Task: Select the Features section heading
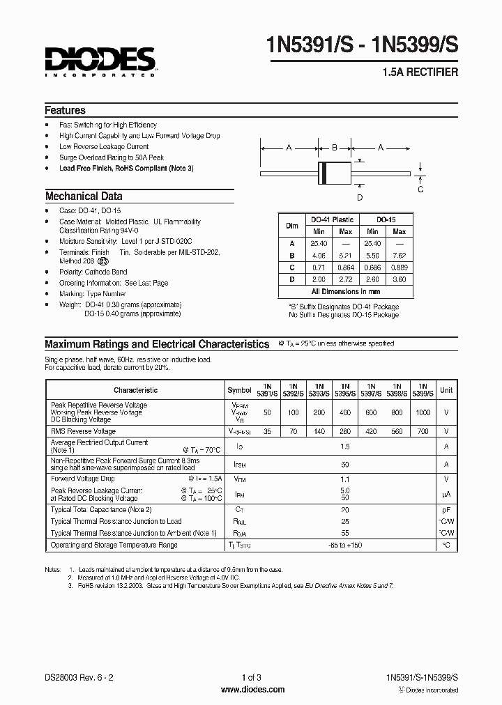click(66, 111)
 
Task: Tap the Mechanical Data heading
click(84, 196)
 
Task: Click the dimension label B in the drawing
click(335, 148)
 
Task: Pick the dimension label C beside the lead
click(420, 189)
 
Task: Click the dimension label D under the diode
click(360, 197)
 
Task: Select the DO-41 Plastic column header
click(333, 219)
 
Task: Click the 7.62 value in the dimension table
click(399, 255)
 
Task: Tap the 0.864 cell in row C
click(346, 267)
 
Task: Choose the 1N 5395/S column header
click(345, 390)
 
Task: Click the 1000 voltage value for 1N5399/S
click(423, 413)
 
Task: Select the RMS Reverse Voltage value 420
click(371, 432)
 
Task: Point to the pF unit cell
click(446, 510)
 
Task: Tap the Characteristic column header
click(136, 391)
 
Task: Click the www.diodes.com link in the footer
click(252, 690)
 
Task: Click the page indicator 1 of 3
click(252, 678)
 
